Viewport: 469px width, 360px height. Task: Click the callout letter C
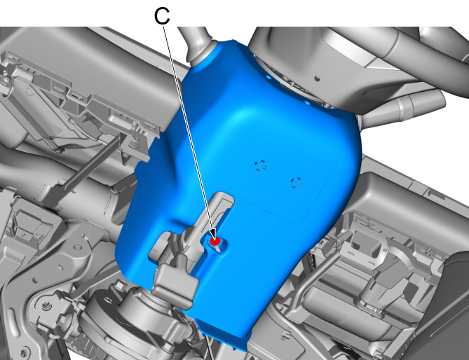pos(162,16)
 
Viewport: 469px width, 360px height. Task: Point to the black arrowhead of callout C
pos(213,234)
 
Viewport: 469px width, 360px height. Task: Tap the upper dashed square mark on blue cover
pos(260,165)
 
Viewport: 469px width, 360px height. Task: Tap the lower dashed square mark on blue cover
pos(297,183)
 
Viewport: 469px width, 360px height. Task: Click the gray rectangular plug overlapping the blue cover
pos(175,282)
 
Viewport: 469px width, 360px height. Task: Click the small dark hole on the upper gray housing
pos(317,78)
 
